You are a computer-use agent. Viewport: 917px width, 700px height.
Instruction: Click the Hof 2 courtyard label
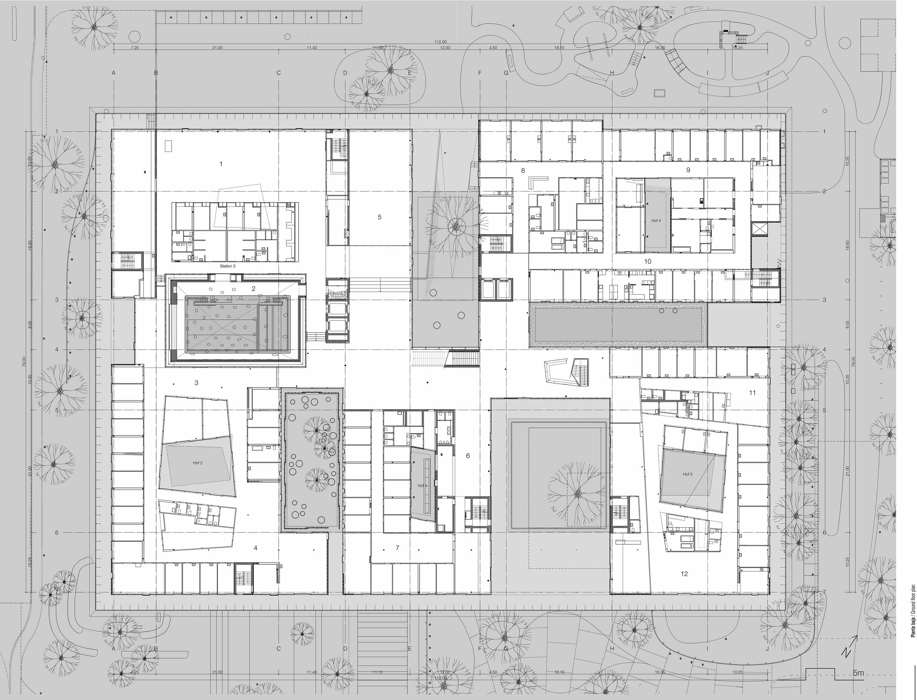[x=198, y=463]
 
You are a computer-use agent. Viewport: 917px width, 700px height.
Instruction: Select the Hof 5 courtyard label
[x=688, y=474]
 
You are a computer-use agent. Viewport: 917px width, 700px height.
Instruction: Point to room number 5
[x=379, y=217]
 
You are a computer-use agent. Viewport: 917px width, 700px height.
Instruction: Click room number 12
[x=684, y=574]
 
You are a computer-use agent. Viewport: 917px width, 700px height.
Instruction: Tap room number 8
[x=523, y=170]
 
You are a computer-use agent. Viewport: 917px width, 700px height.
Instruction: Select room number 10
[x=648, y=262]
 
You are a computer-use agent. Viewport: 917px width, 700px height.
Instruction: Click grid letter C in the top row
[x=279, y=73]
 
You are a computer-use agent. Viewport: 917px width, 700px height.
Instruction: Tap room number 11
[x=752, y=393]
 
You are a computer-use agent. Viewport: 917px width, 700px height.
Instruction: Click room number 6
[x=468, y=456]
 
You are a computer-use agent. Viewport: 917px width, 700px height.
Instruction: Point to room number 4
[x=256, y=548]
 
